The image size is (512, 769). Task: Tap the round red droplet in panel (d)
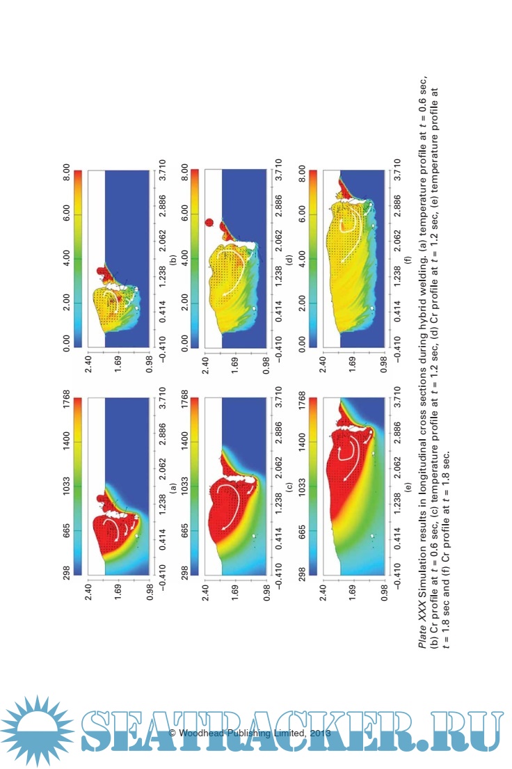coord(209,223)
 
